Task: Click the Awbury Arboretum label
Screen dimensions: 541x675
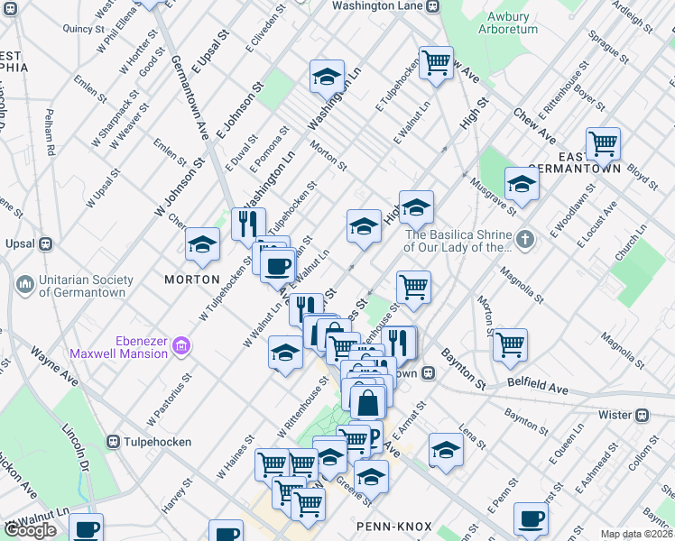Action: pos(512,23)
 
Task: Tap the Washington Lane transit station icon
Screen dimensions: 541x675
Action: pos(433,5)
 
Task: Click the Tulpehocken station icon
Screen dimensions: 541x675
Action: pos(114,441)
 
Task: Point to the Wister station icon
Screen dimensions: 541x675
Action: pos(642,415)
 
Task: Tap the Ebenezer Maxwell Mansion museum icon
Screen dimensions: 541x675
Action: pos(181,346)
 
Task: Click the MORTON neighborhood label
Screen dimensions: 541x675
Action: pos(192,280)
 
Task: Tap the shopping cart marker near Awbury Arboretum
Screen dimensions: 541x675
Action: pos(436,63)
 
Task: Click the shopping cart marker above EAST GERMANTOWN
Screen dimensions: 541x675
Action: pos(602,143)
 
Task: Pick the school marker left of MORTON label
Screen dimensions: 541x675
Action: pos(203,244)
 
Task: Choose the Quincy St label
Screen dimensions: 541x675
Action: pos(84,28)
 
